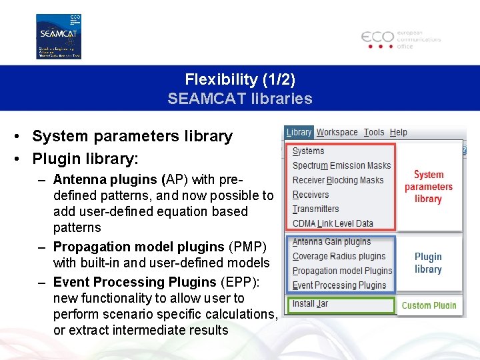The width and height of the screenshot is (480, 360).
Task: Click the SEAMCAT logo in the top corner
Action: tap(59, 36)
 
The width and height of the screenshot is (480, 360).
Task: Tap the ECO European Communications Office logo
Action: tap(401, 39)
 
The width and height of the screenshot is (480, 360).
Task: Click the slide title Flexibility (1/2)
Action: tap(240, 79)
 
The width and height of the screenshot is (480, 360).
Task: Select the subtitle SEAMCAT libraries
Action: tap(240, 99)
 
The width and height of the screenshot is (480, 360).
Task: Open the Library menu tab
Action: tap(299, 133)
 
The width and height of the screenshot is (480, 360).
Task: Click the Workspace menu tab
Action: tap(337, 133)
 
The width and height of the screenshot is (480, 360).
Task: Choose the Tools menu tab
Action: tap(374, 133)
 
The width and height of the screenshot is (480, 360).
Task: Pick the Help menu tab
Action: tap(398, 133)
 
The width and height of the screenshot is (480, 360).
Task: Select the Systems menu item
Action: tap(308, 151)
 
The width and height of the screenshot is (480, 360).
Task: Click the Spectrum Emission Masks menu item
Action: tap(341, 165)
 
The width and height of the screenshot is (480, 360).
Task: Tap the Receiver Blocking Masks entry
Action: tap(338, 180)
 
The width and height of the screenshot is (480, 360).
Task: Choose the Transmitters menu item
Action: tap(315, 209)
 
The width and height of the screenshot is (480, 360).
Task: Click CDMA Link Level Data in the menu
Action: tap(333, 223)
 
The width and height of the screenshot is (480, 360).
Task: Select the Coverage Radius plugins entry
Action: tap(339, 256)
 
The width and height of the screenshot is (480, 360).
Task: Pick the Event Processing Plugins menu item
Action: tap(339, 285)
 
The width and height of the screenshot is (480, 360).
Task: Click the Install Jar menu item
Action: tap(310, 304)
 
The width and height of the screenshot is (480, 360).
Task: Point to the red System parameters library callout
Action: tap(428, 187)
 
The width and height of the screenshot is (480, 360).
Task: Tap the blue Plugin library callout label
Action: tap(428, 263)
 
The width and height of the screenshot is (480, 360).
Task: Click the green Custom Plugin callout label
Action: tap(429, 306)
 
